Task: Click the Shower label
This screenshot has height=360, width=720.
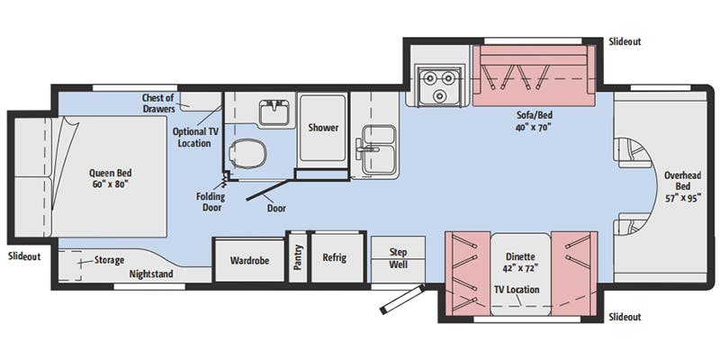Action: [x=323, y=128]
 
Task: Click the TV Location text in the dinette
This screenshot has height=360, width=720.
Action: [x=517, y=290]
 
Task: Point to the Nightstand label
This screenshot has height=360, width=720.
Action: [x=151, y=274]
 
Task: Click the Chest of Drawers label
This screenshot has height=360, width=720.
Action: [x=164, y=103]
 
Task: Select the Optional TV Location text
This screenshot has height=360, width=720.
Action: [x=193, y=137]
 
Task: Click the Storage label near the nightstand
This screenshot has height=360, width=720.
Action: [x=109, y=260]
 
